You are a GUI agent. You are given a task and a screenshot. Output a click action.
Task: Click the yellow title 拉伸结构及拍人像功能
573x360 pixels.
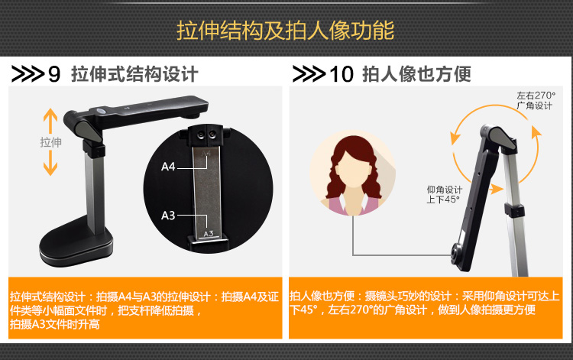tap(286, 30)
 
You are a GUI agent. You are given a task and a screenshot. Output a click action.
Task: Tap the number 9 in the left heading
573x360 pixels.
tap(54, 74)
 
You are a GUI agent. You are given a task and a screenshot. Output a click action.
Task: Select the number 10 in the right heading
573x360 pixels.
tap(342, 74)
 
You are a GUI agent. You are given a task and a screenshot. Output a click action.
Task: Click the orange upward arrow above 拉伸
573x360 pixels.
tap(50, 121)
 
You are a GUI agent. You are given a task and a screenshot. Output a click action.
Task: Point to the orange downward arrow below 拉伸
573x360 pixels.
tap(50, 164)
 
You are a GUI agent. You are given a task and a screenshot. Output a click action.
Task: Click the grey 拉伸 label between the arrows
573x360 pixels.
tap(50, 142)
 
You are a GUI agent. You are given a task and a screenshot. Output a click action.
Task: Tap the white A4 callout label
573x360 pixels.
tap(168, 167)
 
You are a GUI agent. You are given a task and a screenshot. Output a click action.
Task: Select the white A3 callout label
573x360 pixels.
tap(168, 216)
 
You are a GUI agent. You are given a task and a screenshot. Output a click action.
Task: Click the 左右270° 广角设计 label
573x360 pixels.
tap(536, 100)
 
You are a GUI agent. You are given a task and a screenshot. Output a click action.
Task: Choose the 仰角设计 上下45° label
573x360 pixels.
tap(444, 194)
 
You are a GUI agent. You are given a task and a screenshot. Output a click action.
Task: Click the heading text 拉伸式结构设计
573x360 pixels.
tap(134, 74)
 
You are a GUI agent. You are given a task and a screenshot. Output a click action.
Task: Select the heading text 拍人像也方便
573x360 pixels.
tap(416, 74)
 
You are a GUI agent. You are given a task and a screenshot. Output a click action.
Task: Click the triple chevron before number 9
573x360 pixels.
tap(28, 74)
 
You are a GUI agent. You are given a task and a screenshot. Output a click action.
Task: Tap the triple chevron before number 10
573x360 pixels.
tap(309, 74)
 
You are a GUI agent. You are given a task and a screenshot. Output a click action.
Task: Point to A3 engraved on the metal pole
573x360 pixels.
tap(209, 234)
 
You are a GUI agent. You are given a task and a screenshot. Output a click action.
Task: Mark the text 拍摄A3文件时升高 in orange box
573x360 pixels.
tap(55, 324)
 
